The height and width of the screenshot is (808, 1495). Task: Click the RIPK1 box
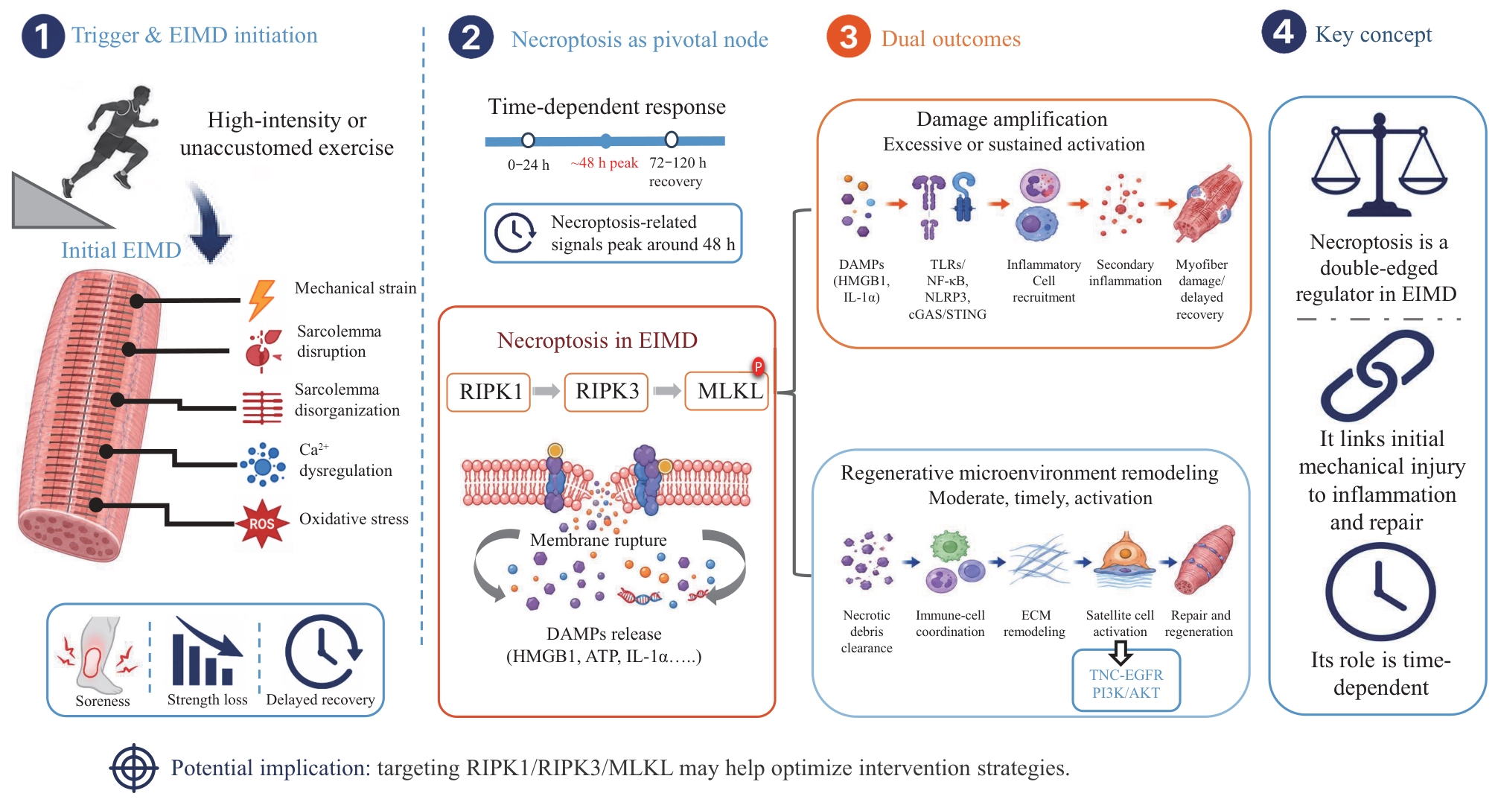[x=488, y=392]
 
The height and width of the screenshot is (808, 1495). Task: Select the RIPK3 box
[x=606, y=392]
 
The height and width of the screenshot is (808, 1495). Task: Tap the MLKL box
[x=727, y=392]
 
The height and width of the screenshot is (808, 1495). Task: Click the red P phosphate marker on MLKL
[x=758, y=366]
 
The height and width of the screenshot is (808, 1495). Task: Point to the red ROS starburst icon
[x=261, y=524]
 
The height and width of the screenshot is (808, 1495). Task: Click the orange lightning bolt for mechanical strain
[x=261, y=299]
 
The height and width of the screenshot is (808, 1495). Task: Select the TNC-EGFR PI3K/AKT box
[x=1126, y=681]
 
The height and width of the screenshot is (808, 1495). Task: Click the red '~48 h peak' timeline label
[x=604, y=163]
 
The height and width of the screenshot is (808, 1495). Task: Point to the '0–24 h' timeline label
[x=529, y=165]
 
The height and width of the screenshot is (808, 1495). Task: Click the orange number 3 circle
[x=848, y=36]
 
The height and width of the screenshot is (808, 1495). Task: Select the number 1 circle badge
[x=43, y=36]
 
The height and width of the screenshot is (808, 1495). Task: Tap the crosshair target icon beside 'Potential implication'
[x=134, y=768]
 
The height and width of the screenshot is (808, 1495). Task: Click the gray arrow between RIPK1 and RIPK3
[x=546, y=392]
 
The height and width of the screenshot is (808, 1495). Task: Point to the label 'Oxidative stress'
[x=354, y=519]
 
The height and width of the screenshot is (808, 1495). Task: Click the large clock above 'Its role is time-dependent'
[x=1380, y=591]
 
